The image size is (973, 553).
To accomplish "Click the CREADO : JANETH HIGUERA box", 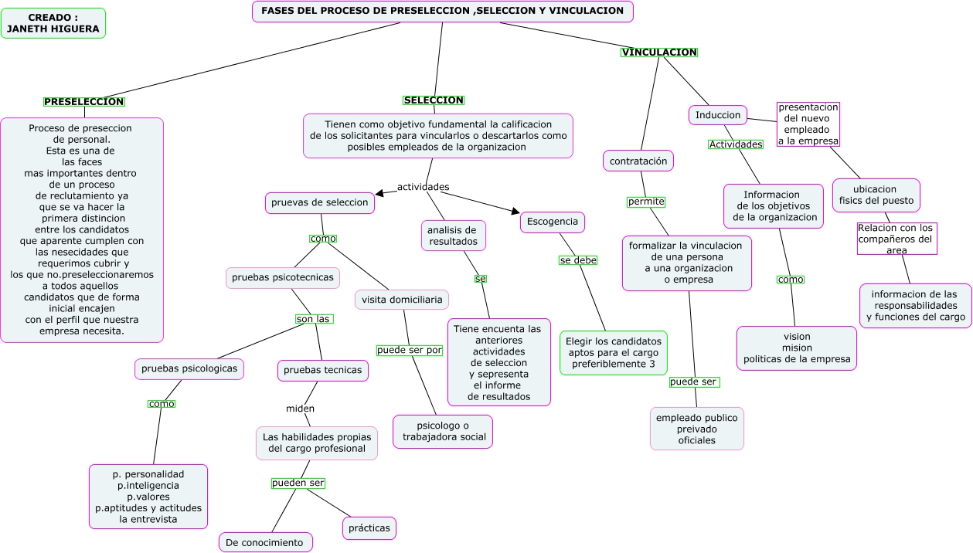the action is tap(53, 23).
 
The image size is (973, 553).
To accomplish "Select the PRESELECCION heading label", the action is tap(84, 102).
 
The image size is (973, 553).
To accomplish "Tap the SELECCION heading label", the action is tap(434, 100).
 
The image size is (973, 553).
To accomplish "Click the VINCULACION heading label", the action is tap(659, 53).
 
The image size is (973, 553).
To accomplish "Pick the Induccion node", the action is tap(718, 115).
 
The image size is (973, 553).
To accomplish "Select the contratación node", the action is tap(638, 161).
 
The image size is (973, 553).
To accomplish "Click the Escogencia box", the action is tap(553, 222).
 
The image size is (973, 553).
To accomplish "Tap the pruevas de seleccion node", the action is tap(320, 202).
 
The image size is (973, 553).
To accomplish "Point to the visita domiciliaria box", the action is tap(402, 299).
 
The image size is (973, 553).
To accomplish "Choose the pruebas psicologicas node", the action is tap(189, 369).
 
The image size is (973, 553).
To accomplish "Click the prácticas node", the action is tap(369, 528).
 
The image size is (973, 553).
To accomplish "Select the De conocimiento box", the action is tap(265, 542).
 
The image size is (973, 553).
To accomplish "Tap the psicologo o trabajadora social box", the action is tap(444, 431).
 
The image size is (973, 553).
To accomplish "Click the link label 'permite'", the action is tap(646, 202).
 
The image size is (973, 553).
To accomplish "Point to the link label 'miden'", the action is tap(300, 409).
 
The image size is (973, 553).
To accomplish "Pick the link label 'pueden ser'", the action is tap(298, 483).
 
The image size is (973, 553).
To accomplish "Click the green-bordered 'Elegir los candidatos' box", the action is tap(614, 352).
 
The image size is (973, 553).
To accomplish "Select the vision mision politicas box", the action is tap(796, 348).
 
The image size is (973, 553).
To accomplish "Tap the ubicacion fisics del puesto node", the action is tap(876, 195).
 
